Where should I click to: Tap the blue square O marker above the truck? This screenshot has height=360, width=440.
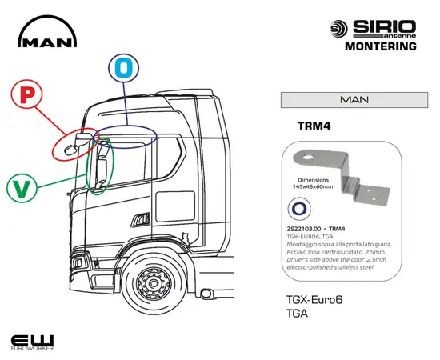coord(122,68)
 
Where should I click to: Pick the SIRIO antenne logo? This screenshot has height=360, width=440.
coord(373,28)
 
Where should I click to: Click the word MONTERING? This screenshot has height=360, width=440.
coord(380,46)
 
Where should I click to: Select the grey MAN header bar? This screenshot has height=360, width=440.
coord(354,100)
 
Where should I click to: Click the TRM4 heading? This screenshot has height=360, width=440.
coord(314,126)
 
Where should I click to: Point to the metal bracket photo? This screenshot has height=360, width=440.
coord(344,174)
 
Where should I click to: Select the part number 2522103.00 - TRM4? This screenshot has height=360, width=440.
coord(315,230)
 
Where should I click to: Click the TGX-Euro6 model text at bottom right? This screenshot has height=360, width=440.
coord(313,301)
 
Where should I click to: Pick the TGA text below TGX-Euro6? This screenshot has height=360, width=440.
coord(298,314)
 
